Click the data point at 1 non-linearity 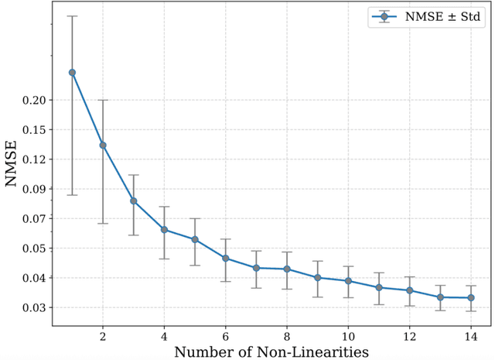click(72, 72)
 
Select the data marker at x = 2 click(103, 145)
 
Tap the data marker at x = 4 click(164, 229)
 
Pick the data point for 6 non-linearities click(226, 258)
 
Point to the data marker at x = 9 click(318, 277)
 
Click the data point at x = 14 click(471, 297)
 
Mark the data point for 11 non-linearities click(379, 287)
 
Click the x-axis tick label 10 click(348, 338)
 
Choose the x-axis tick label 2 click(103, 338)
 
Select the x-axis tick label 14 click(471, 338)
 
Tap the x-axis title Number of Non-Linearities click(271, 352)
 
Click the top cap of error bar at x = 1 click(72, 15)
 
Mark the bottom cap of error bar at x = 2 click(103, 223)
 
